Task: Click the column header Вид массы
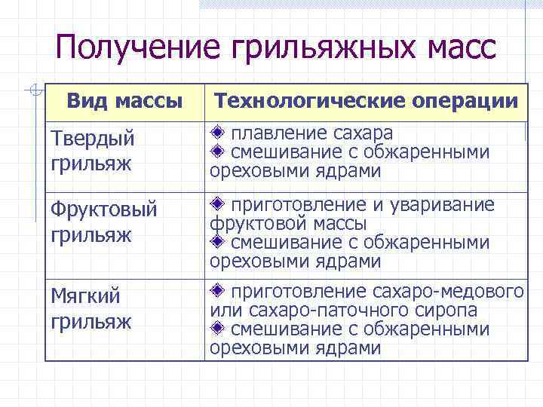click(x=124, y=99)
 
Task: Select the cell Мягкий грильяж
click(x=91, y=309)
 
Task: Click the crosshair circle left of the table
click(x=31, y=90)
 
